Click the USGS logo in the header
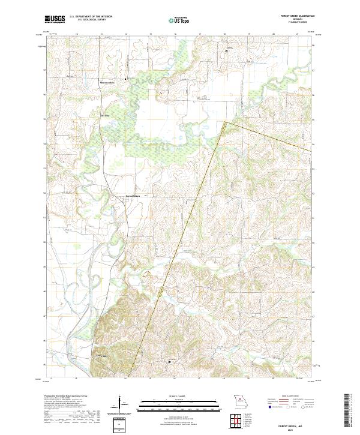tap(55, 19)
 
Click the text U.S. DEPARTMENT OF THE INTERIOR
tap(91, 17)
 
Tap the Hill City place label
tap(107, 115)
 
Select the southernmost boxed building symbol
tap(169, 362)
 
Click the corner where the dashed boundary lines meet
tap(225, 122)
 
